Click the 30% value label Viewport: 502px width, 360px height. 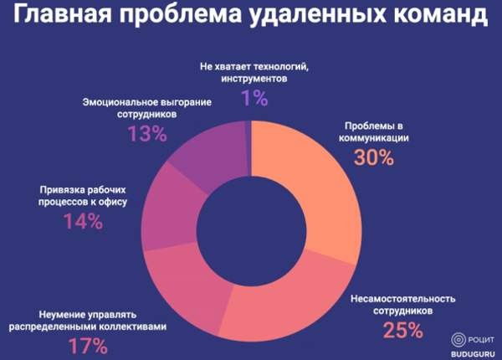point(372,157)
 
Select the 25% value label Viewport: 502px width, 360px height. point(402,330)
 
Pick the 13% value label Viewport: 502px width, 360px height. point(147,134)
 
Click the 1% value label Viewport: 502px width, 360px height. point(254,98)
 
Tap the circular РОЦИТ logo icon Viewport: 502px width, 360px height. point(457,340)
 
